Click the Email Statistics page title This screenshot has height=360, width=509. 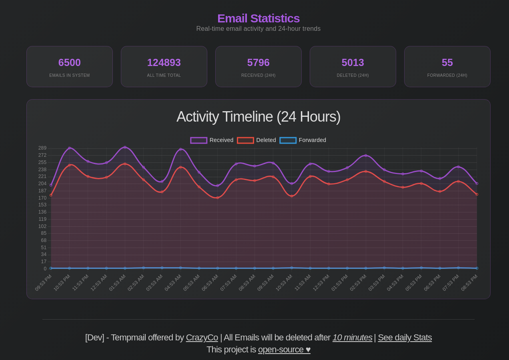coord(258,18)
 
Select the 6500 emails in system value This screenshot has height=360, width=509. coord(70,63)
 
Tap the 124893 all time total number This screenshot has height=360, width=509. coord(164,63)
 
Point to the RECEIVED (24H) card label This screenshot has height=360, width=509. coord(258,76)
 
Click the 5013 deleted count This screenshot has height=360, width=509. coord(353,63)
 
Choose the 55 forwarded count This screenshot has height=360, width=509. coord(447,63)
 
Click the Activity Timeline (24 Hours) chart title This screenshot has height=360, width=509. coord(258,117)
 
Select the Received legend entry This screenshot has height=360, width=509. coord(212,140)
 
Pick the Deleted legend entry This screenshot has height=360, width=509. coord(257,140)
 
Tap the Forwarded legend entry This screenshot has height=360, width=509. coord(303,140)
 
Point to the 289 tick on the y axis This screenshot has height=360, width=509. coord(42,148)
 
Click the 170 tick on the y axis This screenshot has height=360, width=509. coord(42,198)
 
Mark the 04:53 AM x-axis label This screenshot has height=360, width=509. coord(173,282)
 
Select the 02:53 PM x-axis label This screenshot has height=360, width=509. coord(358,282)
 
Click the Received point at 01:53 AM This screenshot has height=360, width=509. coord(125,147)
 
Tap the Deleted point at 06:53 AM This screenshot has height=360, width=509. coord(218,198)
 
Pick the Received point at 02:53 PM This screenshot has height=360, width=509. coord(365,156)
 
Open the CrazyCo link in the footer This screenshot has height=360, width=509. coord(202,338)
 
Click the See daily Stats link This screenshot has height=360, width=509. coord(405,338)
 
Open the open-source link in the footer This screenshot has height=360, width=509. coord(284,350)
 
